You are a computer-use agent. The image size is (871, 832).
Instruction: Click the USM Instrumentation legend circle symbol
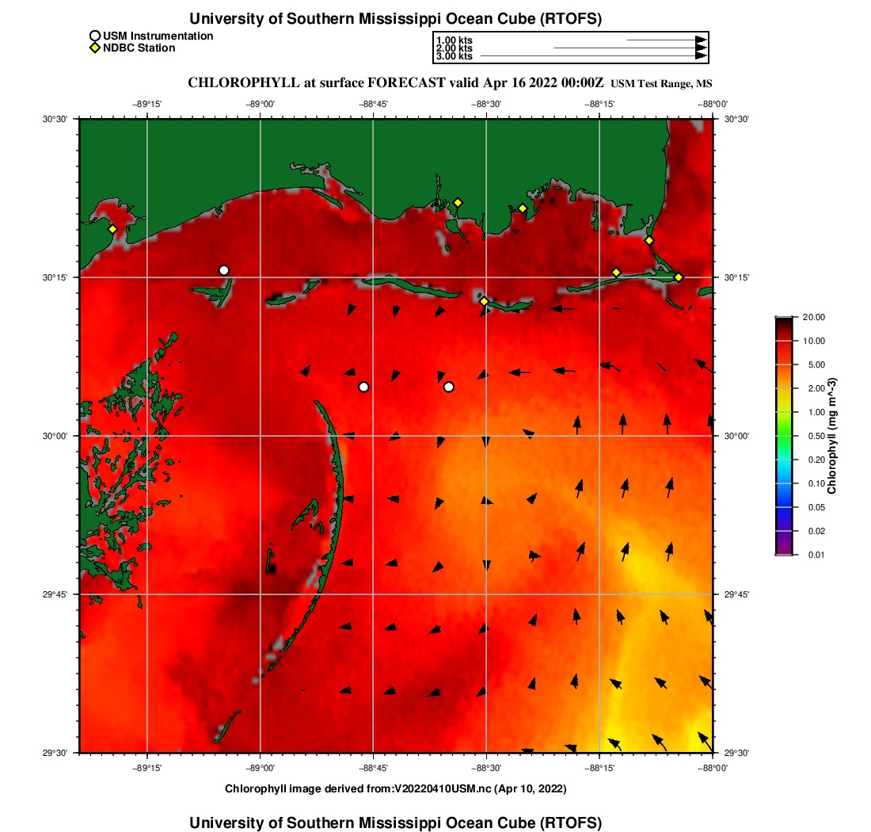tap(95, 36)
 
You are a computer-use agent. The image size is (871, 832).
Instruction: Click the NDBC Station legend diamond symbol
tap(95, 48)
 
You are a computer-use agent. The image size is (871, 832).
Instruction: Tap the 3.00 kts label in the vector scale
tap(454, 56)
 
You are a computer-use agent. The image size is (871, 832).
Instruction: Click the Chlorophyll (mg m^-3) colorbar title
tap(832, 436)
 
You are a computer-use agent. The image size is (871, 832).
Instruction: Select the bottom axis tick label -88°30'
tap(486, 768)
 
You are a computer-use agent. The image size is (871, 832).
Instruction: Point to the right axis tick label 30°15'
tap(737, 277)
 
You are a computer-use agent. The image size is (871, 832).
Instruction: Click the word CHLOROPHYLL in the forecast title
tap(242, 83)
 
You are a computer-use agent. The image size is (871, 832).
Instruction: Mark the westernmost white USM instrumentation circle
tap(224, 270)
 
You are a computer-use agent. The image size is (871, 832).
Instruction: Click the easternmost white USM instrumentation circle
tap(448, 387)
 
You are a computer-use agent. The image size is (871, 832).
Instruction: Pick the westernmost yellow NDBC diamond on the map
tap(112, 229)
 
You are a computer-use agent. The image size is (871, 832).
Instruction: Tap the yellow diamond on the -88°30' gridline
tap(484, 301)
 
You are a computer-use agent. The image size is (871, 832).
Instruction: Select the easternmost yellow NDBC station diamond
tap(679, 277)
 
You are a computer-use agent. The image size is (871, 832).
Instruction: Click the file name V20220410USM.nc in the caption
tap(443, 788)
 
